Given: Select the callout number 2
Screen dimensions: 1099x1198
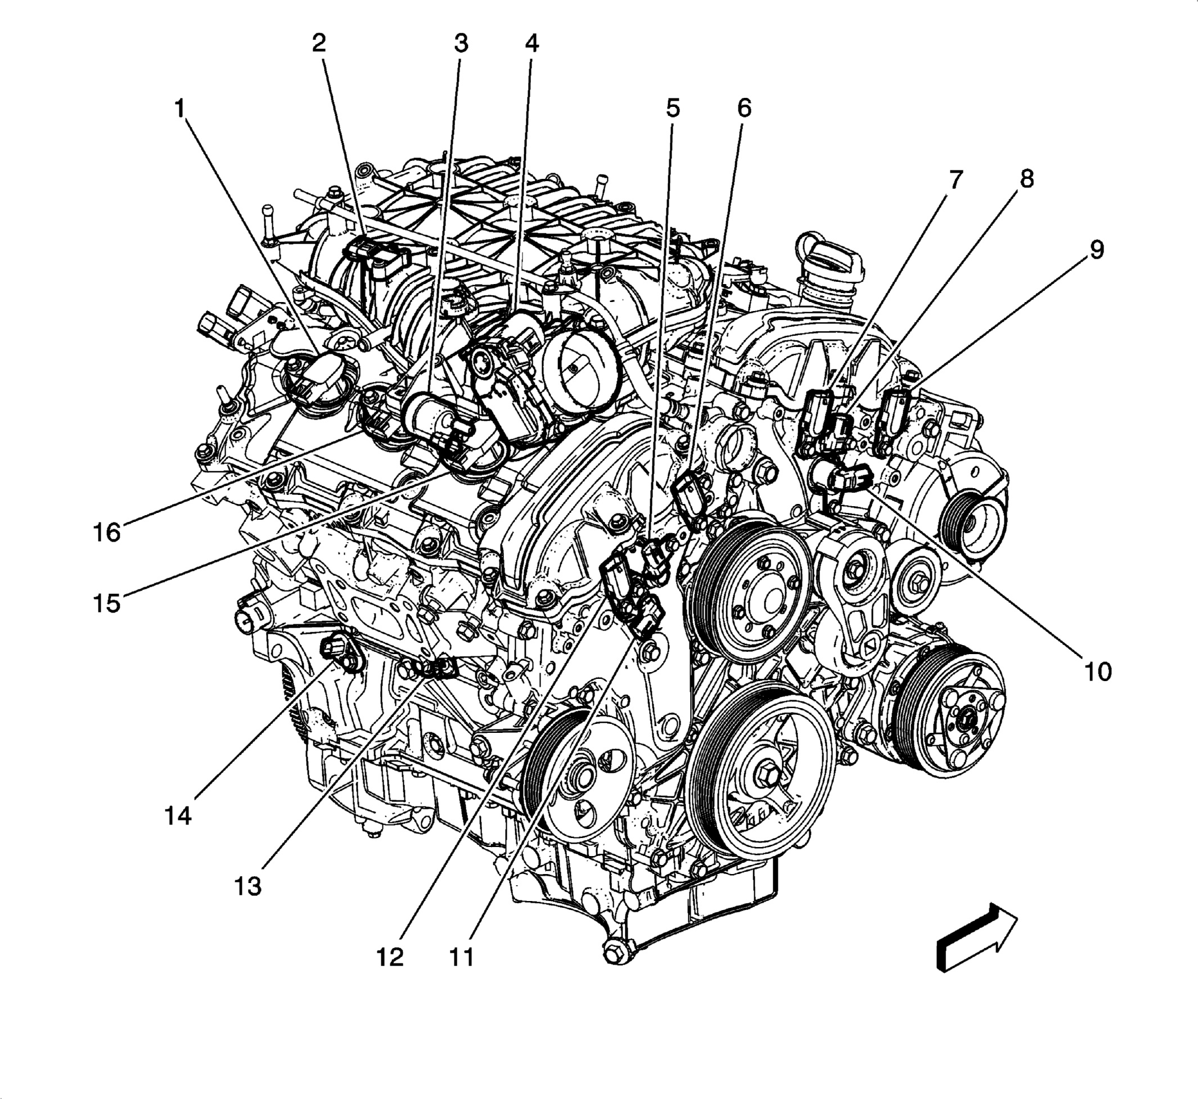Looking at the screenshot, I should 319,43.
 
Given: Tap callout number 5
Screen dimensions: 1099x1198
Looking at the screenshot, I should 672,109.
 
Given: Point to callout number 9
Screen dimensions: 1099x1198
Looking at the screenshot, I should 1096,250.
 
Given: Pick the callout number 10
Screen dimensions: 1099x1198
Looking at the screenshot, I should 1097,673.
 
